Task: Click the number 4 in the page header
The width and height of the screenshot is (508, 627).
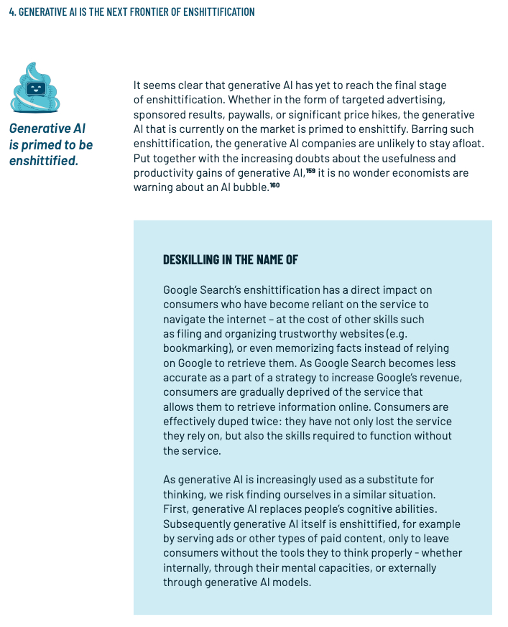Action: [11, 12]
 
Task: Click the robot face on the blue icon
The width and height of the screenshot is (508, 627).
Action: [37, 89]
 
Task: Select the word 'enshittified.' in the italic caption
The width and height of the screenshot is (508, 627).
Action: [44, 160]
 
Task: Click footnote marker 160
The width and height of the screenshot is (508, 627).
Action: [274, 185]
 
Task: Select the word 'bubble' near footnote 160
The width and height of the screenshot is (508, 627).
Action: [249, 187]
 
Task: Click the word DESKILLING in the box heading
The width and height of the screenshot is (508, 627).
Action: [195, 260]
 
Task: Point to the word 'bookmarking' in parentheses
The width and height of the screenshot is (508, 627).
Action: [193, 348]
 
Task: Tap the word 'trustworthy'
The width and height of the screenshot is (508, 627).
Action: [310, 333]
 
